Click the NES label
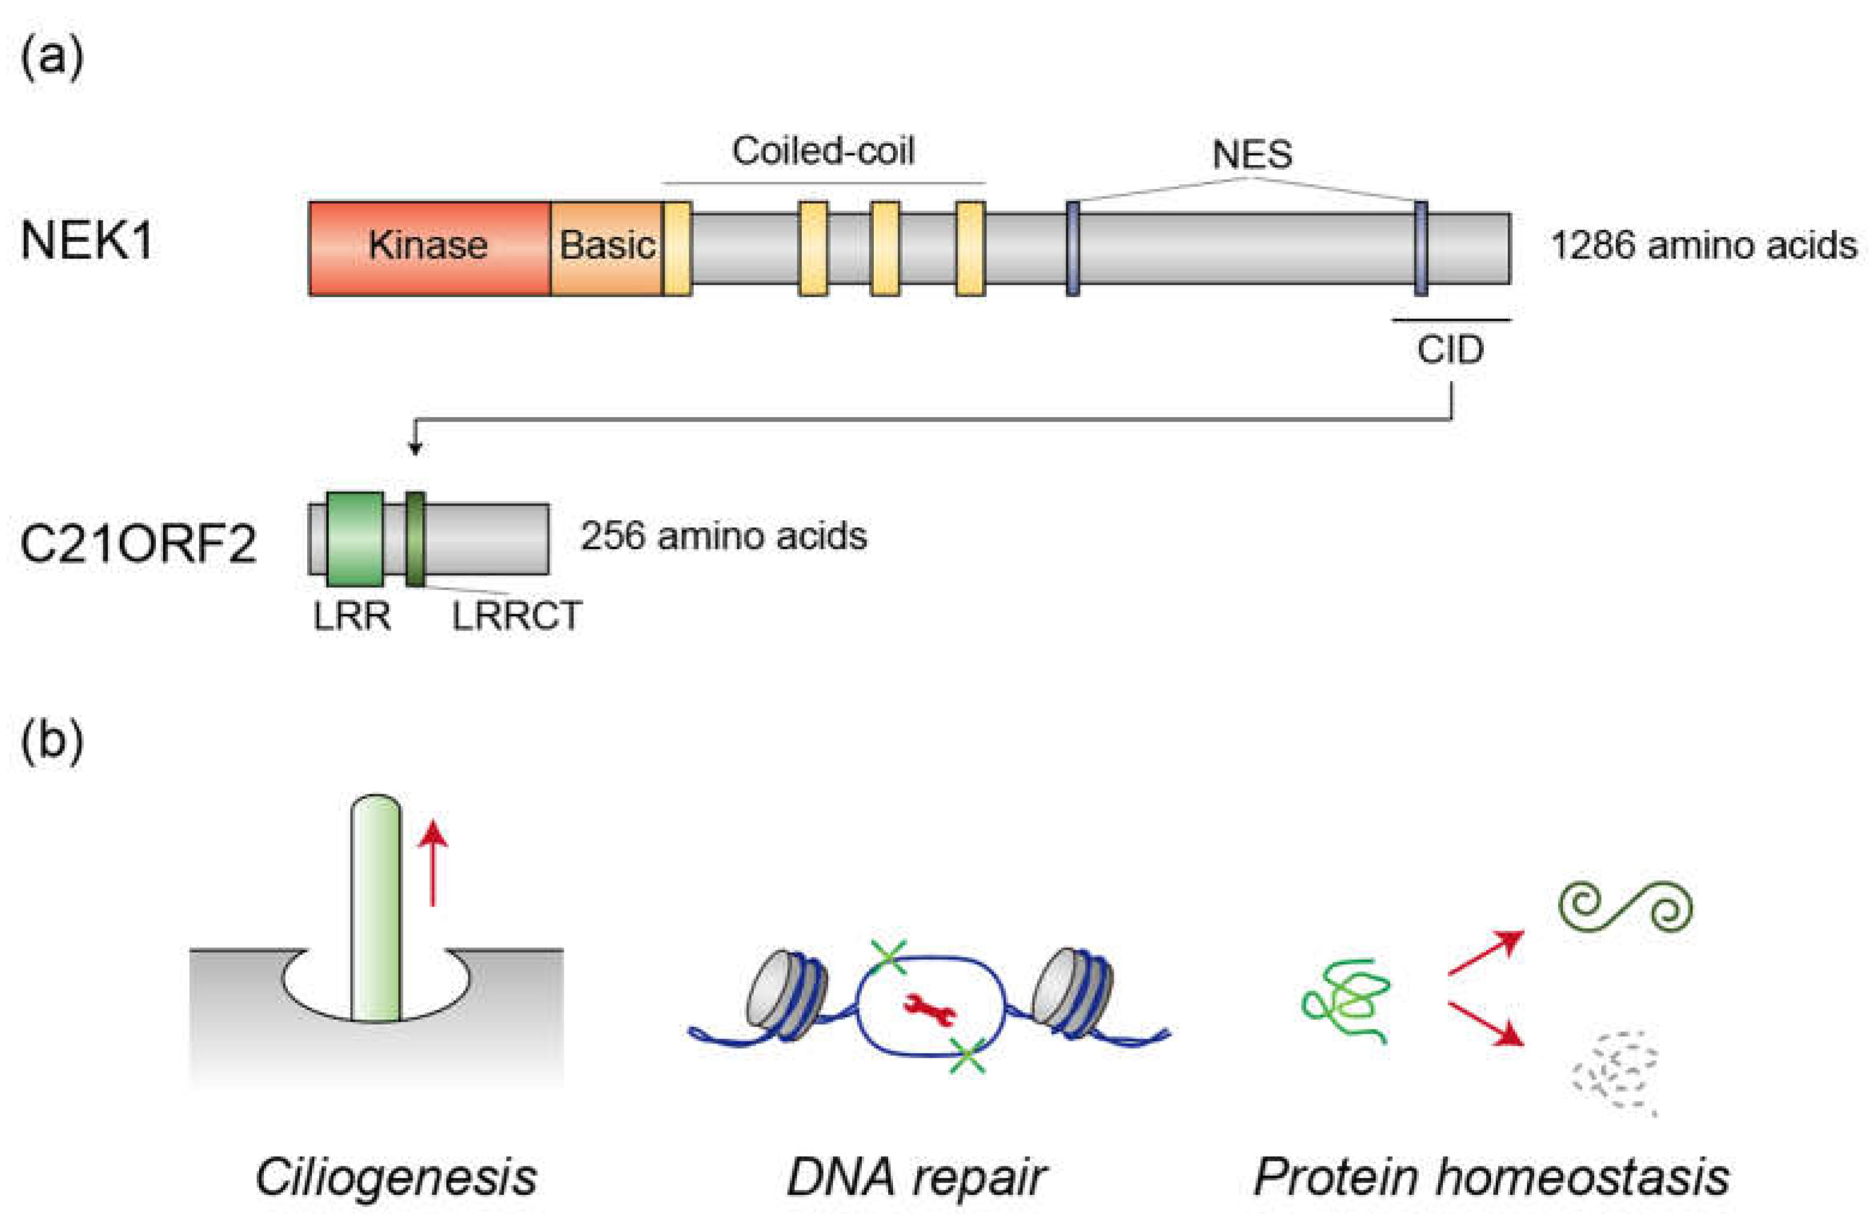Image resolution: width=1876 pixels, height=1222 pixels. [1252, 155]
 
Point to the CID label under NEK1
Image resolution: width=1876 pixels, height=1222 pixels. [1450, 350]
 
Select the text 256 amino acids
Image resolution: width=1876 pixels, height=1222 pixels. [724, 537]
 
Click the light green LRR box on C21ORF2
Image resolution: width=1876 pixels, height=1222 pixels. [354, 539]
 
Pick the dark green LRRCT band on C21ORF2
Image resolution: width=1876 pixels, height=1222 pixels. [416, 539]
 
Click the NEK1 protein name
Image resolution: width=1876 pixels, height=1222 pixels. [87, 241]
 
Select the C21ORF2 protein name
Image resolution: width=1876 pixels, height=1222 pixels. [138, 544]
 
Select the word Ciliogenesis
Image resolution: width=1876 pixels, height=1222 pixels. [396, 1177]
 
